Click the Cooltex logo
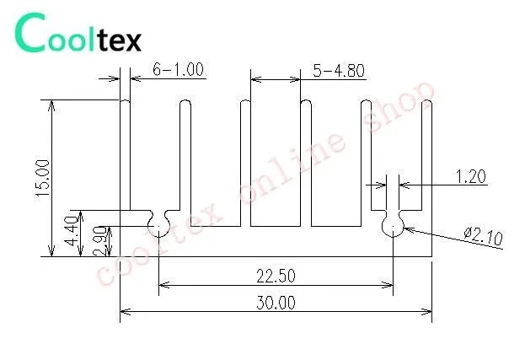pyautogui.click(x=78, y=33)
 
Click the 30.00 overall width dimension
pyautogui.click(x=276, y=303)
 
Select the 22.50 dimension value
pyautogui.click(x=276, y=277)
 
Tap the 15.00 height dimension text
pyautogui.click(x=43, y=178)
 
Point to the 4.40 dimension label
pyautogui.click(x=72, y=231)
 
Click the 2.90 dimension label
pyautogui.click(x=100, y=241)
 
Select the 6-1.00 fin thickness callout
pyautogui.click(x=178, y=70)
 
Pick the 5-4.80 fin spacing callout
pyautogui.click(x=339, y=71)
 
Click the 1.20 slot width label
pyautogui.click(x=471, y=176)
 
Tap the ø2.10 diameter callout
pyautogui.click(x=484, y=236)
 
